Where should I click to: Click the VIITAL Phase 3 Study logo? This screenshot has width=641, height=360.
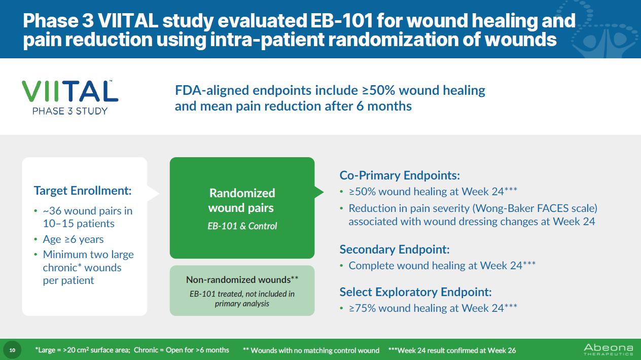click(70, 97)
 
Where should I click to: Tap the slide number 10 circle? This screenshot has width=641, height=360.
click(12, 350)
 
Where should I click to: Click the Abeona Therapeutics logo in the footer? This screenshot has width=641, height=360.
click(609, 349)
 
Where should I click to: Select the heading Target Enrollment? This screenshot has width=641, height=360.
click(83, 191)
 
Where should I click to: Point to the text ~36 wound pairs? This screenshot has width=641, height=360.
click(82, 211)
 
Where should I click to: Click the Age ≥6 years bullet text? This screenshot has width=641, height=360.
click(73, 239)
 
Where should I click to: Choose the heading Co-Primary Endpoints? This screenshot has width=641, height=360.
click(400, 175)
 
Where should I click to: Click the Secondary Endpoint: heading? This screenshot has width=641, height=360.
click(395, 249)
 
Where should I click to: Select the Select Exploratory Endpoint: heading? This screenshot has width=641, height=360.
click(415, 292)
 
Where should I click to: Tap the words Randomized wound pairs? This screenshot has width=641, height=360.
click(242, 200)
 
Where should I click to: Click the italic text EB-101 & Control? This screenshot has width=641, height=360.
click(242, 226)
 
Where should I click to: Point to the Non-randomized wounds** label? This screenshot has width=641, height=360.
click(242, 279)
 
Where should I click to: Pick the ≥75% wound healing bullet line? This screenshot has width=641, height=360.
click(433, 308)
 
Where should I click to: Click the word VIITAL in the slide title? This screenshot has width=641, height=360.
click(128, 21)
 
